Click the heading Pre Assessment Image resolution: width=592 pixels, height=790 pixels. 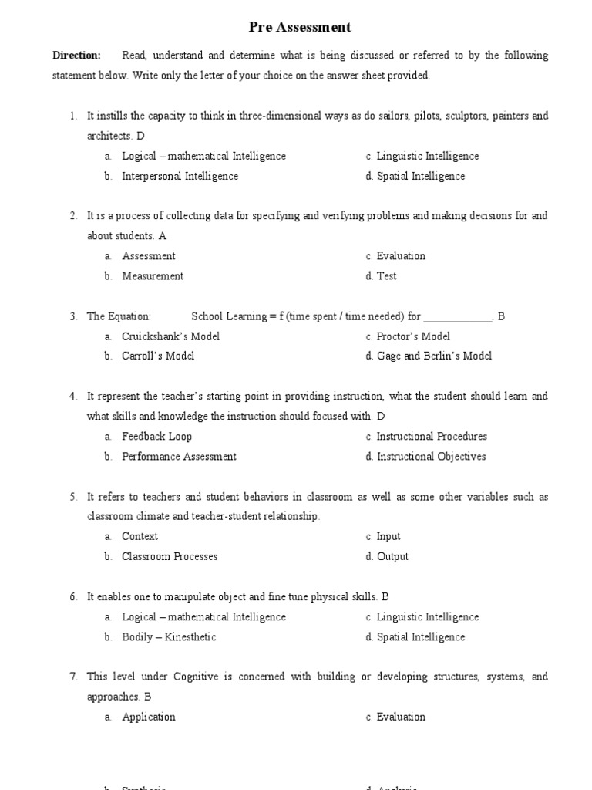point(300,27)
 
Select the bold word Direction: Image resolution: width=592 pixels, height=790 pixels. point(76,56)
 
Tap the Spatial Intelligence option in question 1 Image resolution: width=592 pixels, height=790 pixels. point(421,176)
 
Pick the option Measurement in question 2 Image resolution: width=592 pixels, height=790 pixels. point(153,276)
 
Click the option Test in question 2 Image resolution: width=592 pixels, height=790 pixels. point(386,276)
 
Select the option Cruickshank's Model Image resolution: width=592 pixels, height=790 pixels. point(170,336)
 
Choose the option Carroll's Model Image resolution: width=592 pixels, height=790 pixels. point(158,356)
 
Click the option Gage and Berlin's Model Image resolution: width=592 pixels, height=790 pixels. point(434,356)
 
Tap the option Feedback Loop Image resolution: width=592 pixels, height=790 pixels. point(156,437)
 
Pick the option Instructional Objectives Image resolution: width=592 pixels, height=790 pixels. point(431,457)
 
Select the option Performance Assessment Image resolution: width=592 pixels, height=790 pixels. point(179,457)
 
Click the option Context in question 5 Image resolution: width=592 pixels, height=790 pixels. point(140,536)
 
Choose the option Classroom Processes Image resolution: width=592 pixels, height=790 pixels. point(170,556)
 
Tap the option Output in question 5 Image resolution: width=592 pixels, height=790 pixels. point(392,556)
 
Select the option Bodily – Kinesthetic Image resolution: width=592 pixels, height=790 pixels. point(169,637)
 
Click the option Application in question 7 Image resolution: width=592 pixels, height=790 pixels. point(149,717)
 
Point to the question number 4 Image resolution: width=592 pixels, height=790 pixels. point(72,397)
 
